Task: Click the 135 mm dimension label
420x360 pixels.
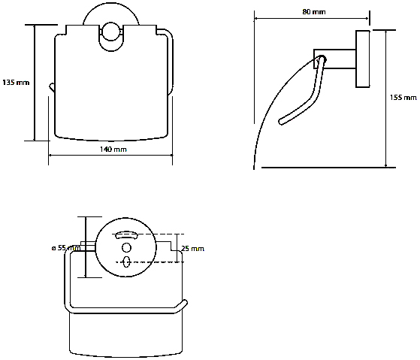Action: coord(16,83)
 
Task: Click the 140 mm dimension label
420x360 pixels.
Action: coord(113,150)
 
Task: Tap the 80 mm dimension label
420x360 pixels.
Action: coord(314,12)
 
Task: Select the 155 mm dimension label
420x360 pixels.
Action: coord(403,98)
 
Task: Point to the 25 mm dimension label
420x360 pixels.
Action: coord(192,249)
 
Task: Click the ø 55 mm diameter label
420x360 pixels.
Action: coord(66,248)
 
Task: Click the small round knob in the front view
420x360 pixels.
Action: coord(110,32)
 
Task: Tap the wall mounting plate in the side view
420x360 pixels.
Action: coord(363,59)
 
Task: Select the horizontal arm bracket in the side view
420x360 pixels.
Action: coord(335,59)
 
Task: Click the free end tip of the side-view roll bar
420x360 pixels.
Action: coord(281,122)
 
